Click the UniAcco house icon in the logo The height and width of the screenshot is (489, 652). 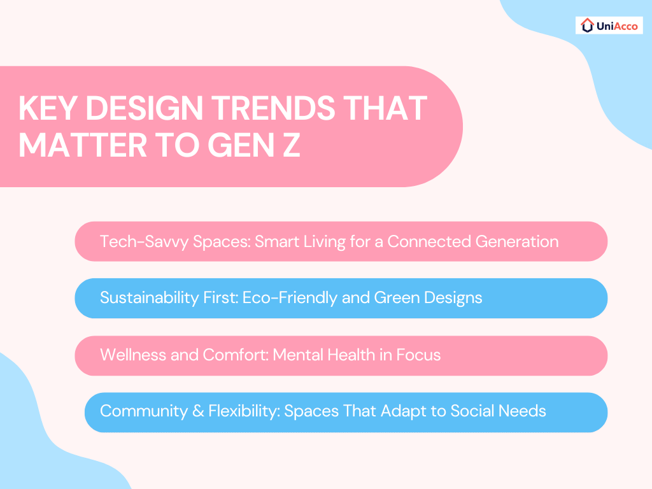click(588, 25)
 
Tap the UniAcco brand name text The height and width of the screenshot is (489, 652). click(617, 26)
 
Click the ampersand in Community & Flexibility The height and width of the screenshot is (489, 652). click(199, 411)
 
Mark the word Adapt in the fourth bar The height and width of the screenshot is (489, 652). click(404, 411)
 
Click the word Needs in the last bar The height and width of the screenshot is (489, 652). click(523, 411)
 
